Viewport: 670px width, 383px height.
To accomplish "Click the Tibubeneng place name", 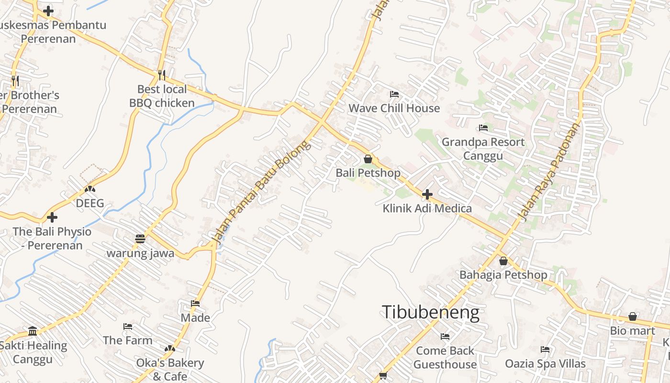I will (x=430, y=312).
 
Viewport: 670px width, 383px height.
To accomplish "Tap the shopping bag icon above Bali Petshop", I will (x=368, y=159).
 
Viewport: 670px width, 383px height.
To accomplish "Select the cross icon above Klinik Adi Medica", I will (x=427, y=194).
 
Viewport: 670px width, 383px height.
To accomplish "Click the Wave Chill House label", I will (x=394, y=108).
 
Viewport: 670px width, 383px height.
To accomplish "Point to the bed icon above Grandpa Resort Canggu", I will (x=483, y=128).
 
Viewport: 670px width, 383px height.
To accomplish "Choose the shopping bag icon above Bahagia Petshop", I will (x=503, y=261).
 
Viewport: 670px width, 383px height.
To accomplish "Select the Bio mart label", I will (x=632, y=331).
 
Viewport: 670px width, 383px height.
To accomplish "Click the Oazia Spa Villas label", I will (x=545, y=364).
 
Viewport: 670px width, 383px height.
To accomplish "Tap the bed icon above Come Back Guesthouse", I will (x=445, y=337).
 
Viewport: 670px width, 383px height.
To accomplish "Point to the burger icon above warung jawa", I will (x=140, y=238).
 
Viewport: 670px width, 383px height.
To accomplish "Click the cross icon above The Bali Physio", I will (x=52, y=217).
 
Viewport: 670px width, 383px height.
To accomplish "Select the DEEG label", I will (x=90, y=203).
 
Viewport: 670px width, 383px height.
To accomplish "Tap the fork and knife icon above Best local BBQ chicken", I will (x=162, y=75).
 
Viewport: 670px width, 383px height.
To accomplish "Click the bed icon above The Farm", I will (x=128, y=327).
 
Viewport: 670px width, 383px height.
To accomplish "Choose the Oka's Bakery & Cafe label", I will (x=170, y=370).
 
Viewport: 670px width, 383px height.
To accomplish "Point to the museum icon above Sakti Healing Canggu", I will (x=33, y=331).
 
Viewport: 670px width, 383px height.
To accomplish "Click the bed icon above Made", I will (x=195, y=304).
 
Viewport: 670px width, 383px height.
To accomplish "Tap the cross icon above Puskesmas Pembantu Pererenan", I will (x=48, y=11).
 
